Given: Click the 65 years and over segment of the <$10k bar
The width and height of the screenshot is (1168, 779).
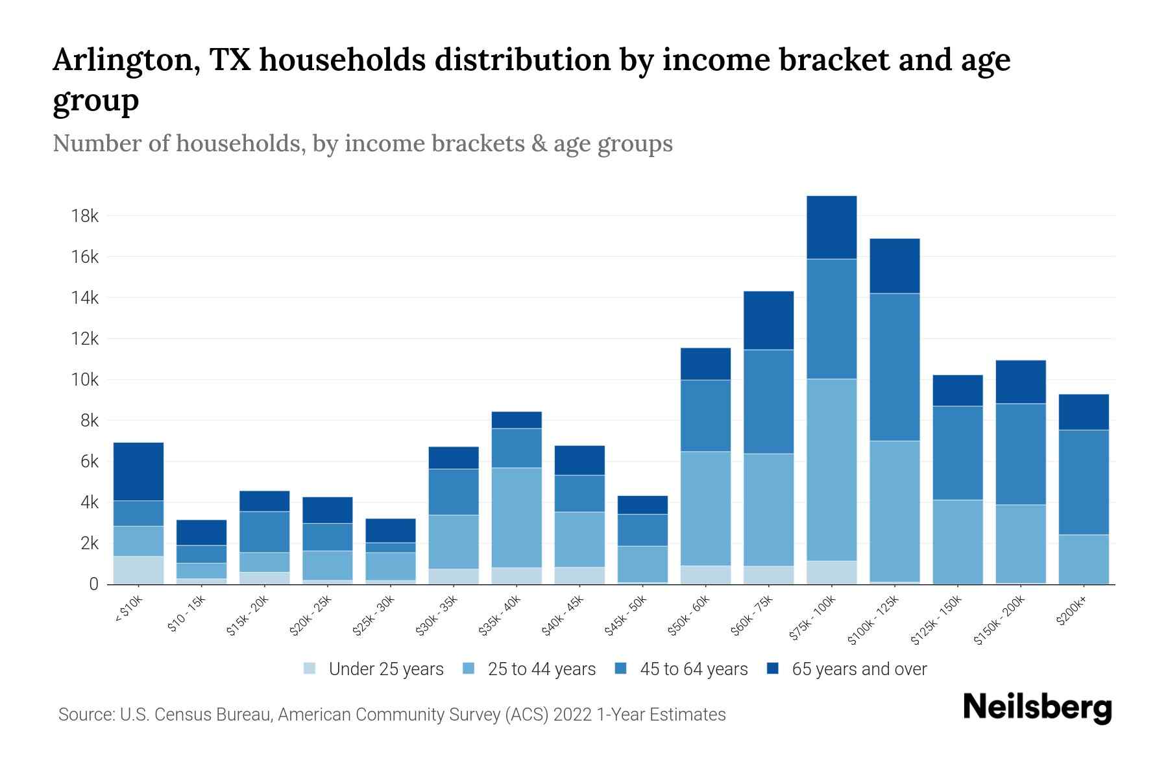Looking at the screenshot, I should coord(138,471).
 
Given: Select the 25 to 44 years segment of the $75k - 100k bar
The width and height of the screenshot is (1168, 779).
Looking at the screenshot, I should coord(832,469).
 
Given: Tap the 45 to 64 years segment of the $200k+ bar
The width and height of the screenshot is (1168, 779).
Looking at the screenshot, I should coord(1084,482).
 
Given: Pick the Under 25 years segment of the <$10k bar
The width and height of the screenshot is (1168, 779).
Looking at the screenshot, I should coord(138,570).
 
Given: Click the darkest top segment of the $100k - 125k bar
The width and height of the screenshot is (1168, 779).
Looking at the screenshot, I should coord(895,266).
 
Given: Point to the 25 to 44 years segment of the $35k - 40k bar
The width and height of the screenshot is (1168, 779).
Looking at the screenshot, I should coord(517,517).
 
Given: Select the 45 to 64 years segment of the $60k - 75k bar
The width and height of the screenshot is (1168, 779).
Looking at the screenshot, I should coord(769,401).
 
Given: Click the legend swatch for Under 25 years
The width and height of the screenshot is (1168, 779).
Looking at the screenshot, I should coord(310,669).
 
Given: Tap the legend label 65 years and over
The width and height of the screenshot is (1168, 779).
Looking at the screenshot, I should coord(859,669).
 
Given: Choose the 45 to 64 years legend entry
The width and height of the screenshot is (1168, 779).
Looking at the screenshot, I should coord(694,669).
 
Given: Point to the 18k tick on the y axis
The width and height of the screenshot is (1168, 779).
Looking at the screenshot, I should coord(85,216).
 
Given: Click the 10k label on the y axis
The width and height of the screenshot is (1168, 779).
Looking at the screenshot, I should coord(85,380).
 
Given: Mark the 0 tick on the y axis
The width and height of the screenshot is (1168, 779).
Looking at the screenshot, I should coord(93,584).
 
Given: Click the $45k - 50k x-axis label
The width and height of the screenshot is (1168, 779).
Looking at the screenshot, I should coord(627,615).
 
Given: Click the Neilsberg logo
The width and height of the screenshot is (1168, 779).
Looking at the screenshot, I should coord(1037,708).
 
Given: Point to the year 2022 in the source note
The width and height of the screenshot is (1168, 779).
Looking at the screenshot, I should coord(572,715).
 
